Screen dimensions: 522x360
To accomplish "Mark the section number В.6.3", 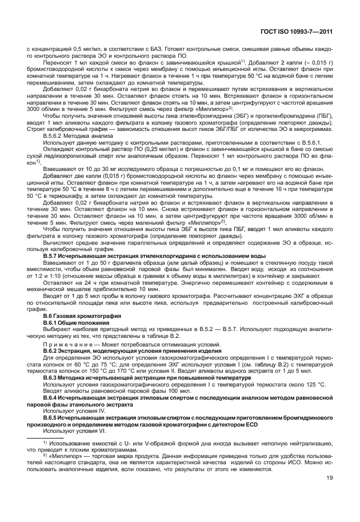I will click(53, 376).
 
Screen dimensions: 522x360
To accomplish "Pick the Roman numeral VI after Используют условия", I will click(103, 431).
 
